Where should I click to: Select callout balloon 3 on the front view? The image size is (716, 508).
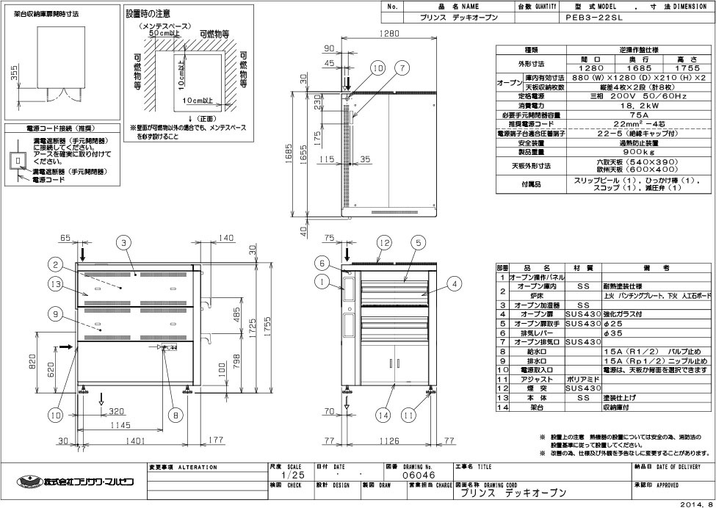(126, 242)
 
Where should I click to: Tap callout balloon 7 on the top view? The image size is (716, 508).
(402, 68)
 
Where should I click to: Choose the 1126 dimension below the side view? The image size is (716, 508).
(389, 441)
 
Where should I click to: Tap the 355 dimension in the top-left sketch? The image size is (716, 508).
(15, 75)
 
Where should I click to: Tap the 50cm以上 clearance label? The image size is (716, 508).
(164, 34)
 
